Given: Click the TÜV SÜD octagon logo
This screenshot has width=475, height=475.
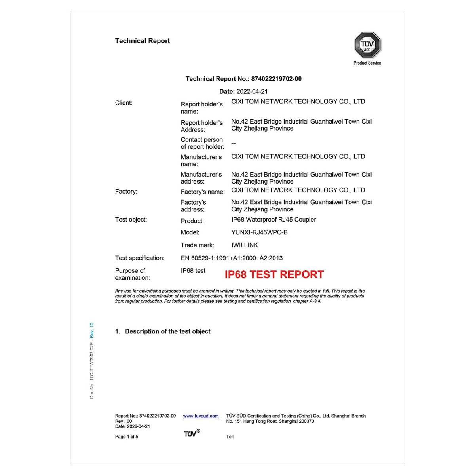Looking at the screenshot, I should pos(367,45).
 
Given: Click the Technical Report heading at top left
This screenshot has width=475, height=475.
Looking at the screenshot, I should pos(142,41).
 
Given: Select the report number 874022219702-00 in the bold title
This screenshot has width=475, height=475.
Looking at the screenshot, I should pos(276,79).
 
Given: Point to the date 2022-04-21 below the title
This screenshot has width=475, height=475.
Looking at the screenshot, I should pos(252,91).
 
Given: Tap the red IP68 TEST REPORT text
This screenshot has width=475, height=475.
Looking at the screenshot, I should pos(274,274).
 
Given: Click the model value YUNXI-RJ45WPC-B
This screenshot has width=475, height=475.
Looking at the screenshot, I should pos(259,232).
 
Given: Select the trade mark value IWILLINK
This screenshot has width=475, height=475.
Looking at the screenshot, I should pos(245,245).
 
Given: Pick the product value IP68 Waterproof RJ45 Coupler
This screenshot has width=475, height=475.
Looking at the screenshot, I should pos(274,220).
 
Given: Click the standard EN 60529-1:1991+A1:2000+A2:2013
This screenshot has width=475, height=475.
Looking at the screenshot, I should pos(232,258).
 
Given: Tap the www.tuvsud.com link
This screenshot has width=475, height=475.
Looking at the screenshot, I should pos(201,416).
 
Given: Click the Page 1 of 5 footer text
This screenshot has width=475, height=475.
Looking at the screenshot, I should pos(127,437).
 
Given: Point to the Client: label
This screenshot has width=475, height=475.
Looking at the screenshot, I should pos(124,103).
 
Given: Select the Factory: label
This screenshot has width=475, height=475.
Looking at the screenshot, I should pos(126,192).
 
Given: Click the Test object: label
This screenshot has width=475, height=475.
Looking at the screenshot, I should pos(131,220).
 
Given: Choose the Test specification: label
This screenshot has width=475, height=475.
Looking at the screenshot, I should pos(140,258).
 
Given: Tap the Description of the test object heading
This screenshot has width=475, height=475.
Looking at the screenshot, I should pos(167,331).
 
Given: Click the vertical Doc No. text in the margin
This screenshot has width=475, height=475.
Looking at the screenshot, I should pos(92,360).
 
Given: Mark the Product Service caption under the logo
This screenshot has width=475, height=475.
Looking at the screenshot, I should pos(367,63).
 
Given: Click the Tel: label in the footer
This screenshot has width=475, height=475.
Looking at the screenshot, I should pos(230,437).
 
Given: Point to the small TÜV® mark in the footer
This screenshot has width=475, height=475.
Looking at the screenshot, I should pos(192,434).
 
